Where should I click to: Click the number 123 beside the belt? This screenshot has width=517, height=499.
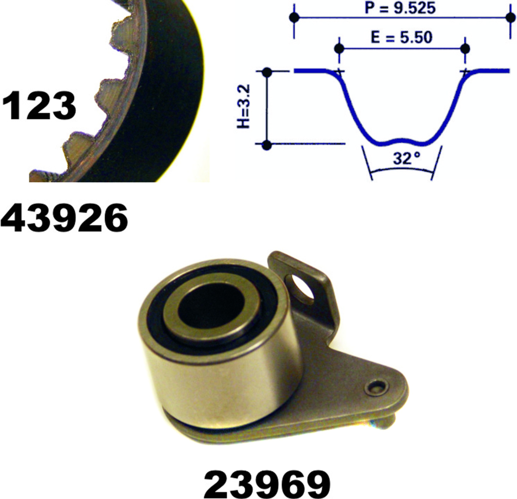pos(39,105)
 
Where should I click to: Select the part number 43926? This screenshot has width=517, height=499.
pos(64,218)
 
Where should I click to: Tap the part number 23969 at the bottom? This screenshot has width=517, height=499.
pos(267,484)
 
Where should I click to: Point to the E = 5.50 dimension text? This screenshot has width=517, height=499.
pos(402,38)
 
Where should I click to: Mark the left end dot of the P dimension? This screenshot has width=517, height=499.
pos(294,18)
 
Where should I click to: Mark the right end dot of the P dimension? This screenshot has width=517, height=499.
pos(511,18)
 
